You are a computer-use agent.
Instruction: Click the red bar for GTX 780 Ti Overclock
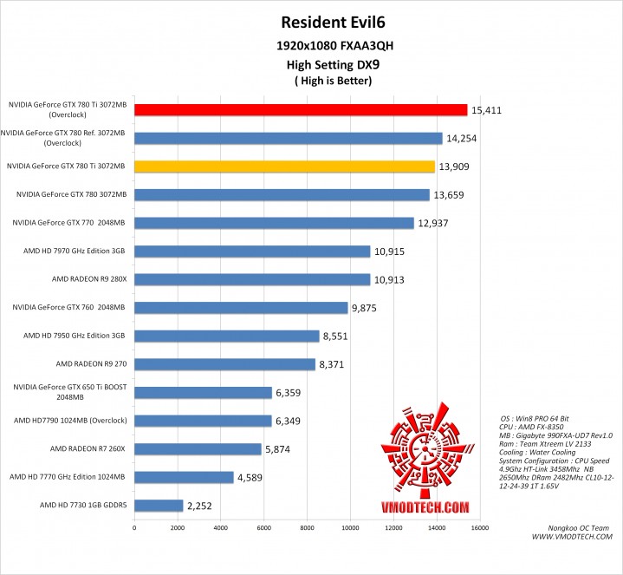pos(301,109)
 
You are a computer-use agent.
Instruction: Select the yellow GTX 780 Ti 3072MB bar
pos(284,166)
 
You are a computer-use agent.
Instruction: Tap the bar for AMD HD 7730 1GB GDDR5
pos(159,506)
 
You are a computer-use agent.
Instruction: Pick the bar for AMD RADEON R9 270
pos(224,364)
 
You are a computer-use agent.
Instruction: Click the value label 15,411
pos(486,110)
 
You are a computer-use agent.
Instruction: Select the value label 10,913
pos(390,279)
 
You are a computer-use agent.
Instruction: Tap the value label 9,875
pos(367,307)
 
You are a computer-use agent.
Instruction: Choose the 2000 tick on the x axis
pos(178,526)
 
